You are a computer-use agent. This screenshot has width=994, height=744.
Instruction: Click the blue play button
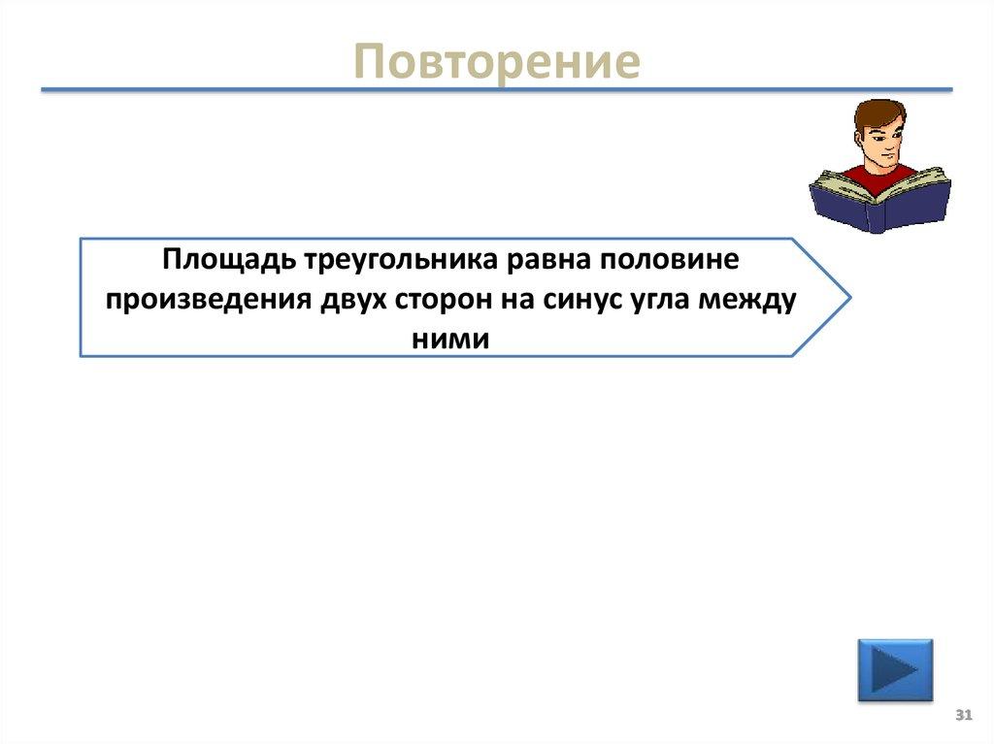click(x=894, y=669)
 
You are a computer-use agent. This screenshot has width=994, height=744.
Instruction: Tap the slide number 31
click(x=964, y=715)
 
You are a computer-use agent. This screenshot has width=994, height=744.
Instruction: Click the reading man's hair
click(x=878, y=114)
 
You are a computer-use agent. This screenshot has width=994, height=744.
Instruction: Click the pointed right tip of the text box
click(x=848, y=297)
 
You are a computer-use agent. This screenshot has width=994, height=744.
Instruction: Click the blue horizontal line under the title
click(x=497, y=90)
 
